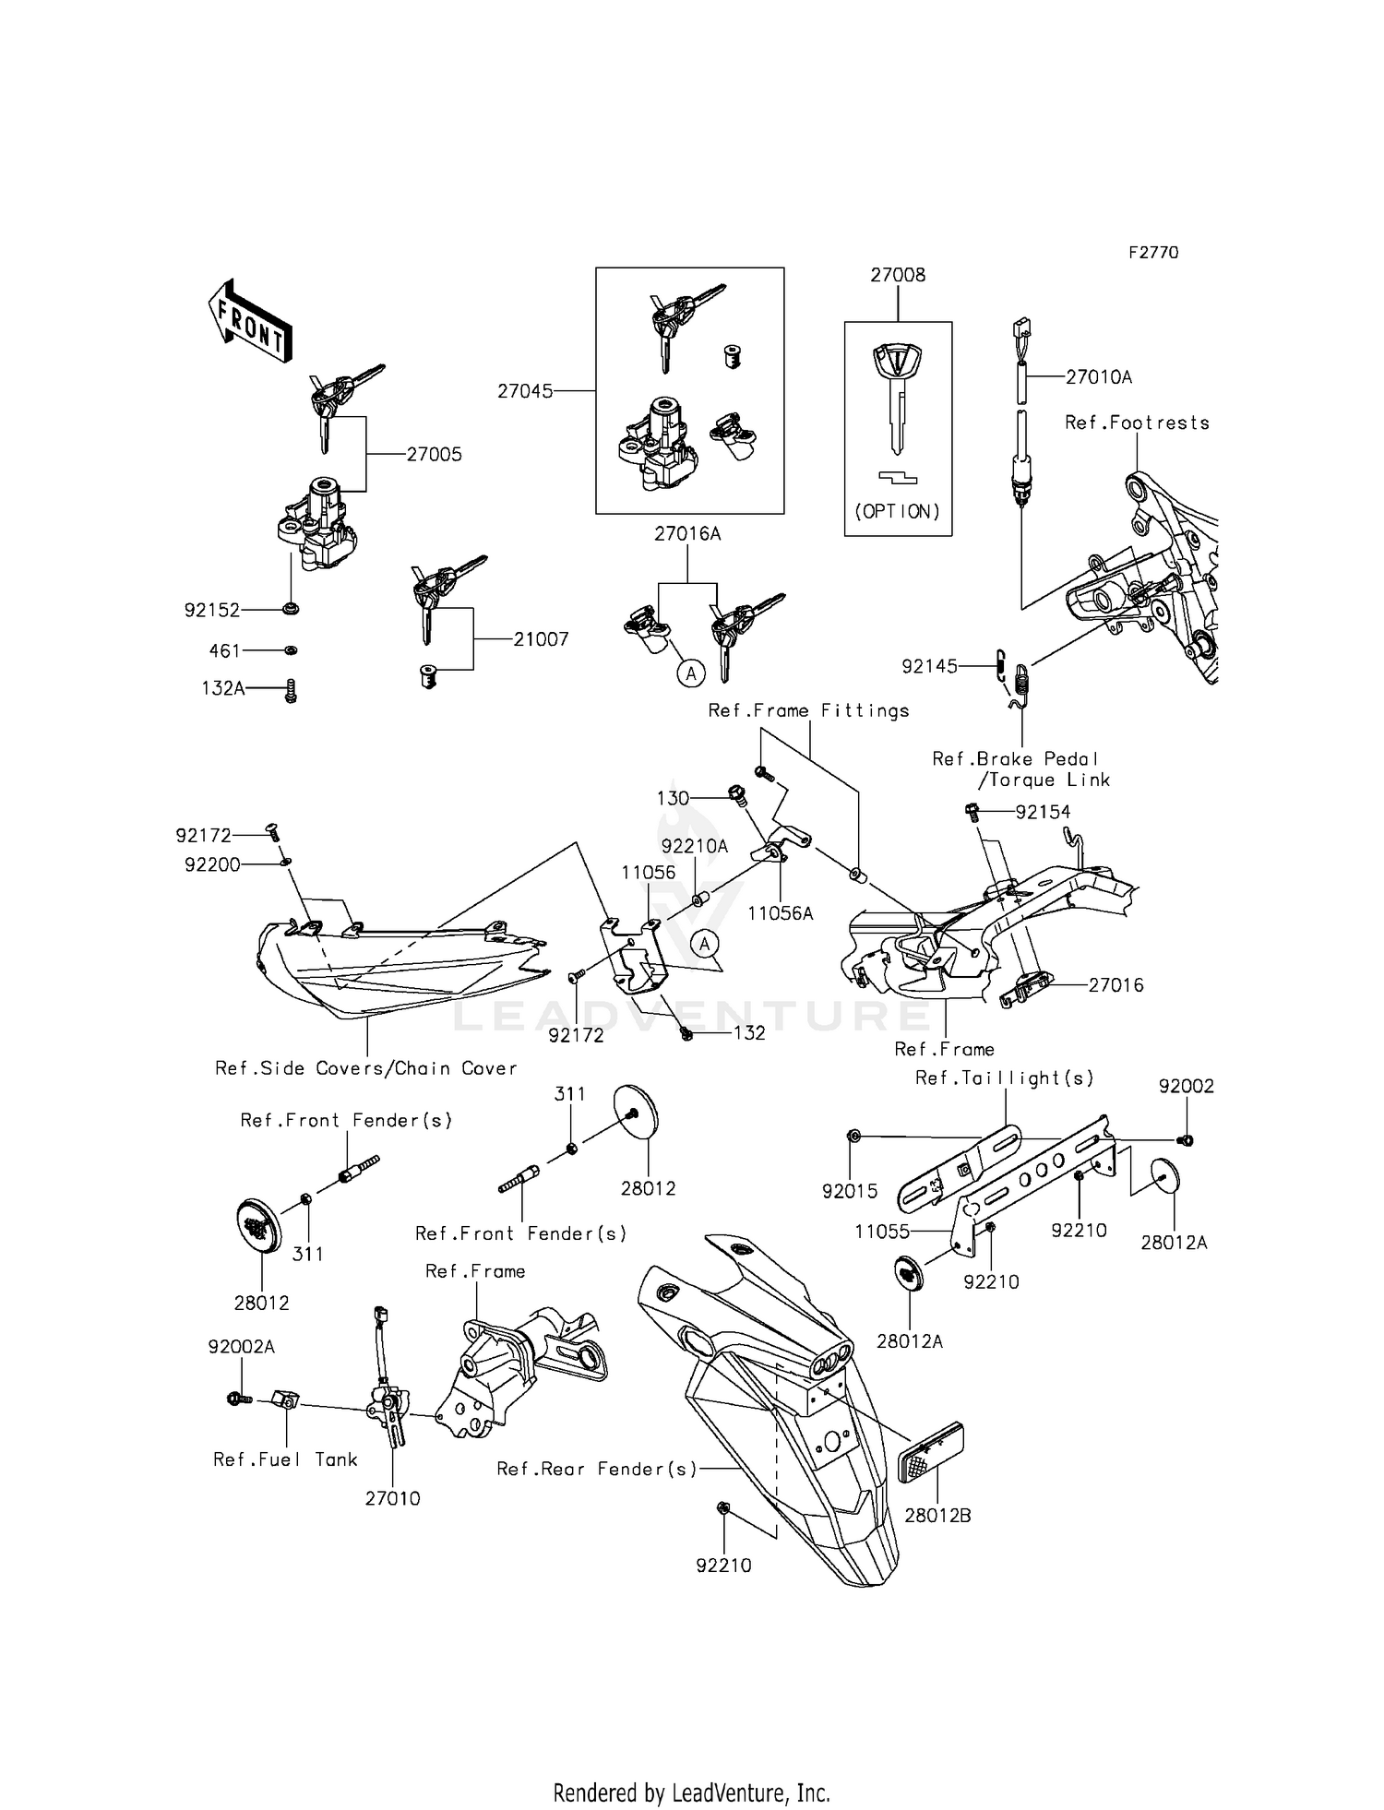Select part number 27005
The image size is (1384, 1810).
pos(434,455)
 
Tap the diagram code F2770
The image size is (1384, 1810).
pos(1152,253)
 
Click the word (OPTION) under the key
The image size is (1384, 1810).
pos(898,511)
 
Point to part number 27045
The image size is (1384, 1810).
pos(525,391)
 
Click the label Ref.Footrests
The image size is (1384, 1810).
pos(1137,423)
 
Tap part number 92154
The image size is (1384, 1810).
pos(1043,812)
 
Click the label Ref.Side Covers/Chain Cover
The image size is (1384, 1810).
pos(365,1068)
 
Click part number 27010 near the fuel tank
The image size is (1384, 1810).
pos(392,1498)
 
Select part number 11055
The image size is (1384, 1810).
pos(882,1232)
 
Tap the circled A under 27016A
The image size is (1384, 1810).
pos(690,673)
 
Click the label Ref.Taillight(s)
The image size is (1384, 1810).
pos(1004,1078)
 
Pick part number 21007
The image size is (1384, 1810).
pos(541,639)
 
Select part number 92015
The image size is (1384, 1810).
pos(850,1191)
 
